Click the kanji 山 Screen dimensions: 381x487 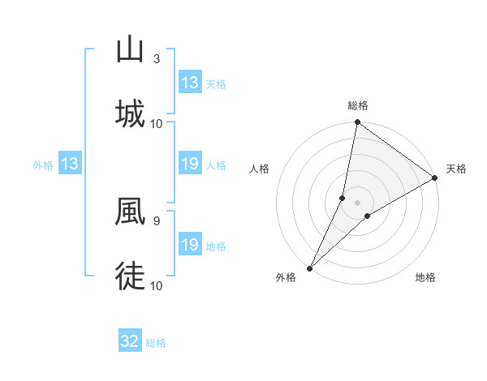click(x=130, y=50)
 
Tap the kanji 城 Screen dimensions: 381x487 click(x=130, y=113)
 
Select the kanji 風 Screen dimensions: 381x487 click(x=130, y=212)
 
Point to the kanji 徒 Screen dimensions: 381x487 click(x=130, y=276)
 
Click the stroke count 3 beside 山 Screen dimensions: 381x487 click(x=157, y=59)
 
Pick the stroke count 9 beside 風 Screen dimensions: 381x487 click(x=157, y=220)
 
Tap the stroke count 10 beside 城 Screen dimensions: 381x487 click(x=157, y=123)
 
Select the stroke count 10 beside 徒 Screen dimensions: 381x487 click(x=157, y=285)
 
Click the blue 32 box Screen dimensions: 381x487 click(x=130, y=341)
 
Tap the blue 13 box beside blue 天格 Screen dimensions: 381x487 click(x=190, y=83)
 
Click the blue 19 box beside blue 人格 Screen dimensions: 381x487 click(x=190, y=165)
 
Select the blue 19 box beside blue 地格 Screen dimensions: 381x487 click(x=190, y=245)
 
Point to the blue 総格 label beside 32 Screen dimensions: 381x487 click(x=156, y=343)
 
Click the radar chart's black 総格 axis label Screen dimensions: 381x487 click(x=358, y=105)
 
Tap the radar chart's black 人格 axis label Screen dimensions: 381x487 click(x=260, y=169)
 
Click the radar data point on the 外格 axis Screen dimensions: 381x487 click(x=310, y=268)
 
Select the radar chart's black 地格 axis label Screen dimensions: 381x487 click(x=425, y=277)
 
